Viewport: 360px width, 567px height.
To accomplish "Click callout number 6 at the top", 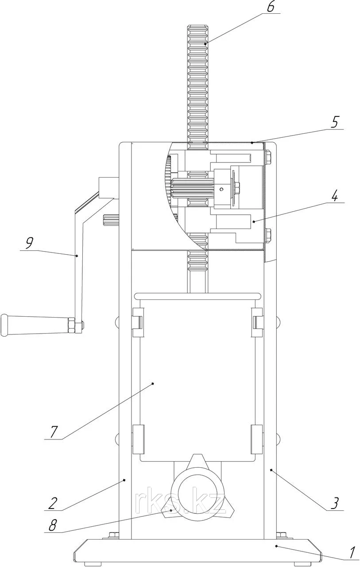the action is point(270,8).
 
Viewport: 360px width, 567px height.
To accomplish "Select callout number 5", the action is point(334,123).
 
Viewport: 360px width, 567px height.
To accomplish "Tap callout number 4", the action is point(334,196).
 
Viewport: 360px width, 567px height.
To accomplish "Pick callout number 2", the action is point(52,504).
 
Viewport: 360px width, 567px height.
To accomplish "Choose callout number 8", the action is point(53,525).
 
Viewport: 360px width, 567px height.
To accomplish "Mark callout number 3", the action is point(334,504).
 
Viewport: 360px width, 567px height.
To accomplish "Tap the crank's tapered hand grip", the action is point(35,325).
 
